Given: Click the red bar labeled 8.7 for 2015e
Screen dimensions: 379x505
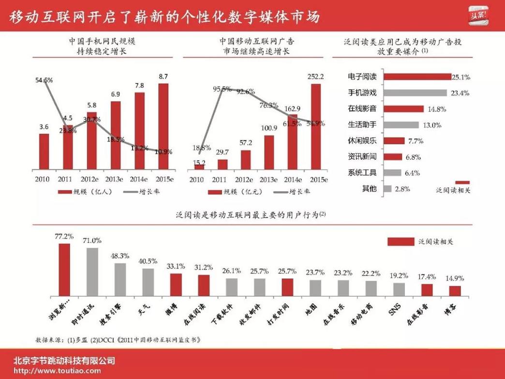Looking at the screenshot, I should [x=163, y=126].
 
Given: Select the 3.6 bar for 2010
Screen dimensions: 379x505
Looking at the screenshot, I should [x=44, y=152].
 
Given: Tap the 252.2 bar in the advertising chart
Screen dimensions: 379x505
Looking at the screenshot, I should [x=315, y=126].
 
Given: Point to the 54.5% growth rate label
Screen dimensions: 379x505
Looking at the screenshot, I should [x=44, y=80].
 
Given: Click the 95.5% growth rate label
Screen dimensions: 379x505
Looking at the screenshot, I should [x=223, y=89].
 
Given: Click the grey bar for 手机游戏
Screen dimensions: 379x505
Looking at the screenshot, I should [x=415, y=93].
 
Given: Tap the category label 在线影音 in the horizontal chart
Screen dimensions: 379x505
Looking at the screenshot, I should [x=362, y=109].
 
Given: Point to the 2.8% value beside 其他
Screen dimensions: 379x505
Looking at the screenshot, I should [x=402, y=189].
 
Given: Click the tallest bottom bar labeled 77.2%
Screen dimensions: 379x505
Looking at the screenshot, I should [x=64, y=269].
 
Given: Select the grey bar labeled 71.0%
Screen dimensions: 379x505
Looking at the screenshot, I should [x=92, y=272].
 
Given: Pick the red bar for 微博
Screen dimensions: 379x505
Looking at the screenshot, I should [x=176, y=285].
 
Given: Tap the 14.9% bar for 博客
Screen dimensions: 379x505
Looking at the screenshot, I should [x=454, y=291].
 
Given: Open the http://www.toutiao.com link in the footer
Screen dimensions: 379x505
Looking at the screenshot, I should [x=57, y=371].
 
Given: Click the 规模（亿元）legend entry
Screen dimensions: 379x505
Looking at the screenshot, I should [x=232, y=192].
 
